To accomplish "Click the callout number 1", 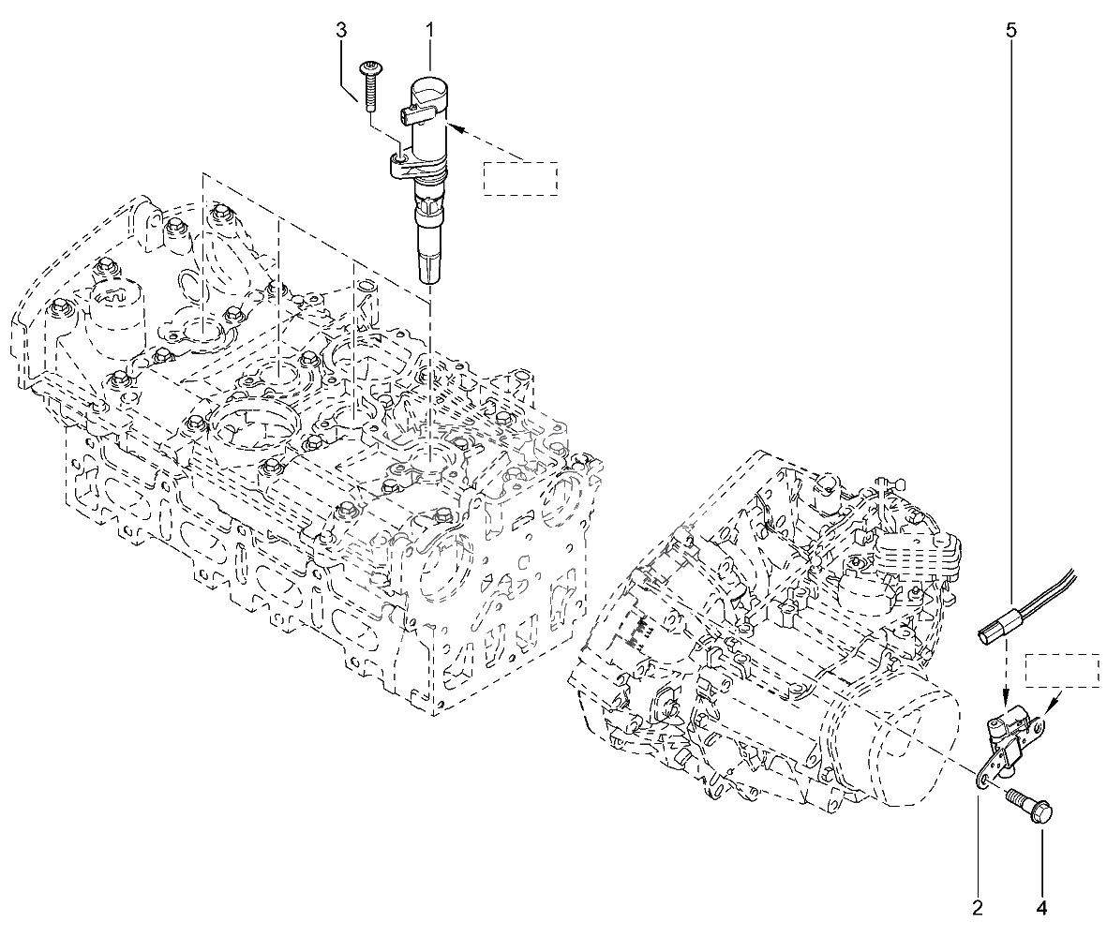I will point(429,31).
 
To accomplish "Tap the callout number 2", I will point(977,906).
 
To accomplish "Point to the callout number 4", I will point(1040,906).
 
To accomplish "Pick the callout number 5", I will point(1010,31).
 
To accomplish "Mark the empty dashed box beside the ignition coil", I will point(520,178).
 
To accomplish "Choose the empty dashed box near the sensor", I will point(1061,671).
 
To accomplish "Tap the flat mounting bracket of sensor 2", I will point(986,773).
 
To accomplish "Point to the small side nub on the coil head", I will point(407,115).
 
